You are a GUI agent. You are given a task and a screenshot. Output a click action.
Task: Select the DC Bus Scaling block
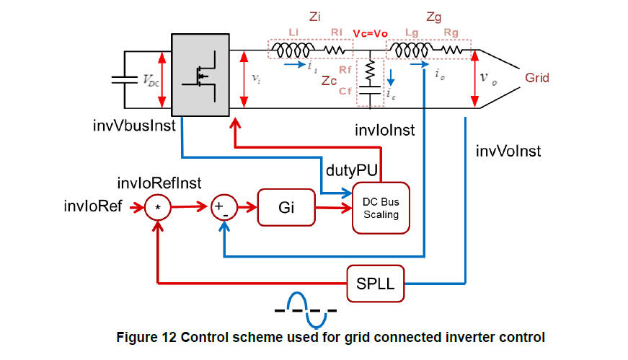[x=380, y=208]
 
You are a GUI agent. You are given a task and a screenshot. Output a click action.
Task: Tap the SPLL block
[x=376, y=283]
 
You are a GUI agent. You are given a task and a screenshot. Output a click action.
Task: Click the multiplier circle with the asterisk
[x=157, y=208]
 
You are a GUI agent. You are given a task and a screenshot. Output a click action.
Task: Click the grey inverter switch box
[x=200, y=73]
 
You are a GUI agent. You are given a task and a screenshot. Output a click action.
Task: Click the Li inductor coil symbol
[x=293, y=50]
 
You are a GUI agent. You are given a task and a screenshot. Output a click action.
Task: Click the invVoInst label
[x=508, y=151]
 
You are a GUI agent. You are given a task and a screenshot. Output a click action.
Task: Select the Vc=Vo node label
[x=370, y=35]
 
